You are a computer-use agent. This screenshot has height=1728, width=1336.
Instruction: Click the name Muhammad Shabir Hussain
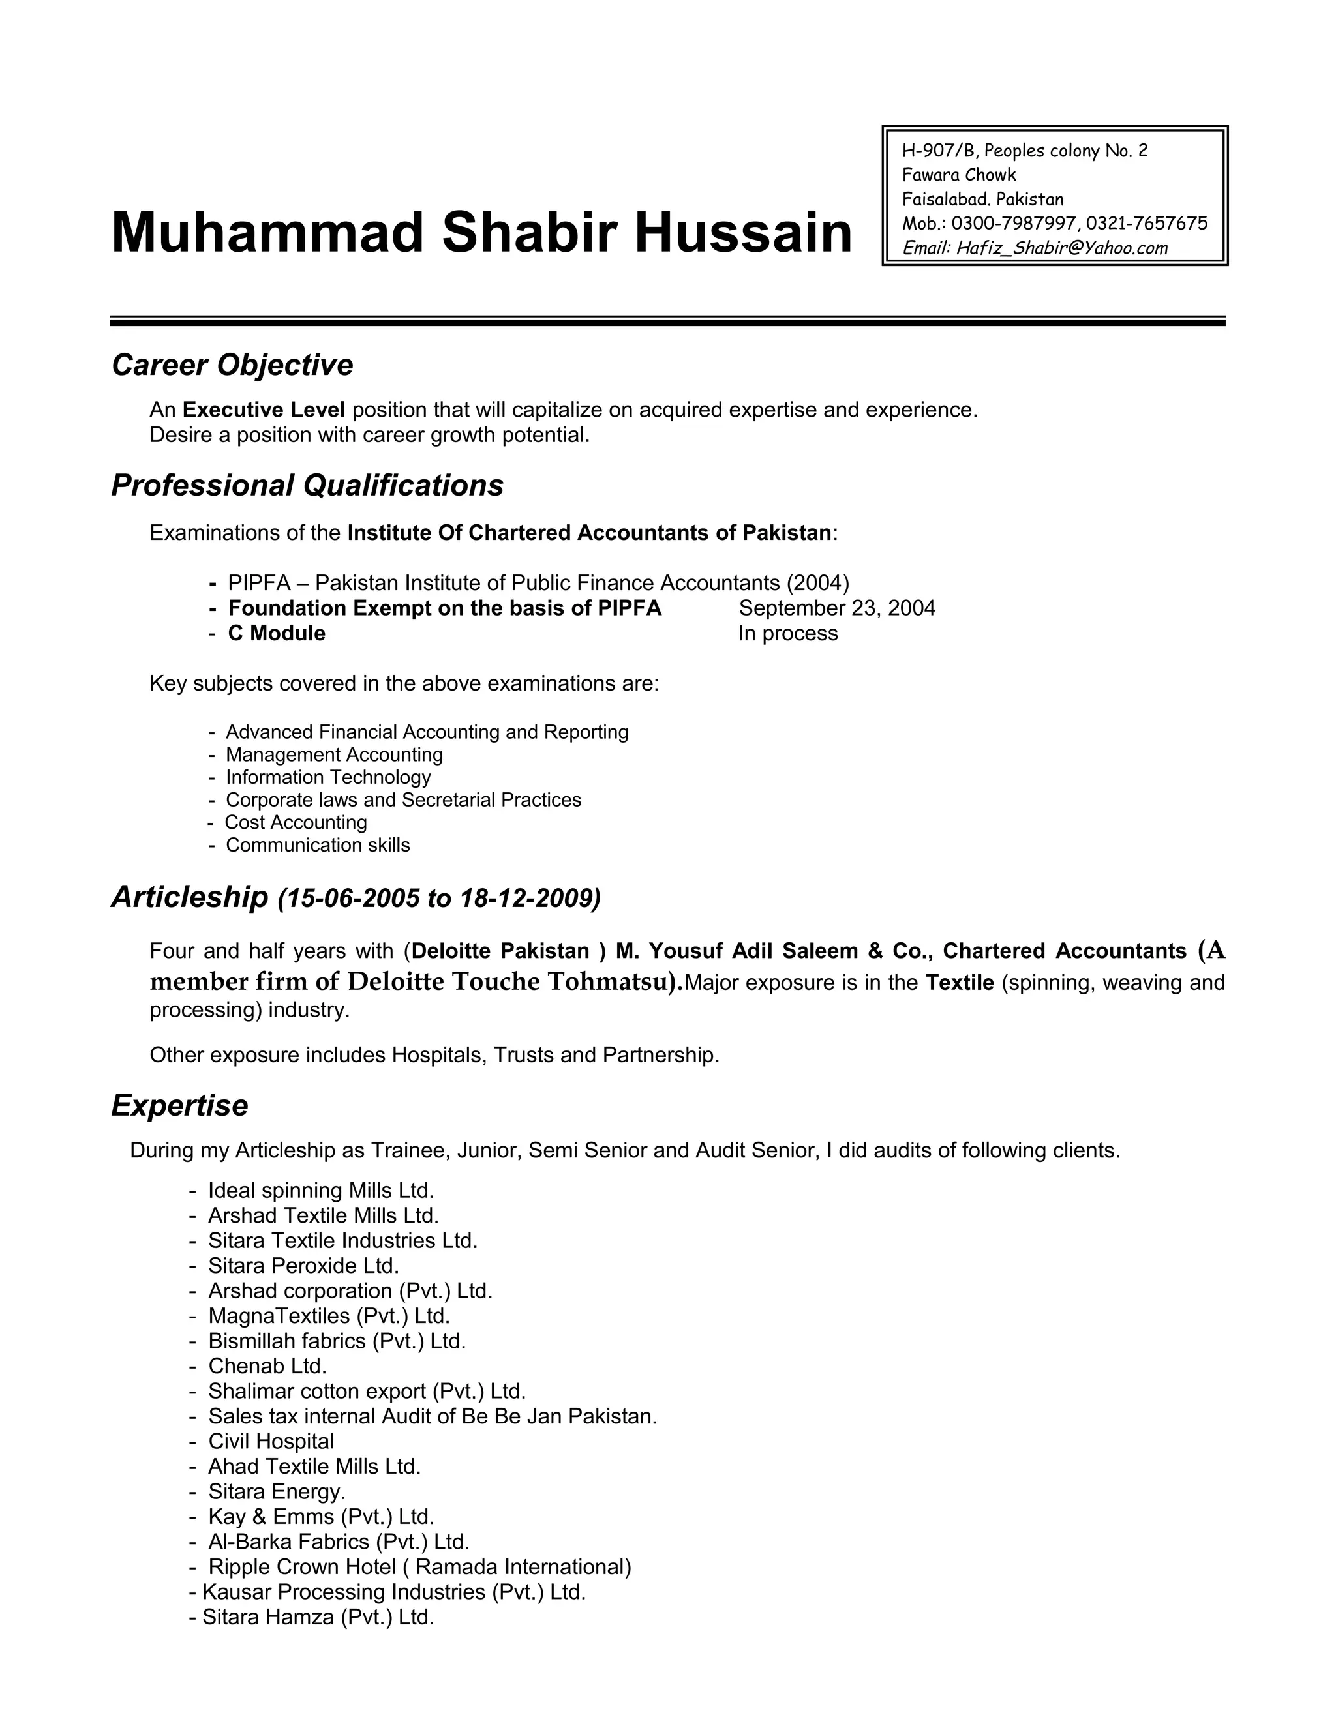pos(481,233)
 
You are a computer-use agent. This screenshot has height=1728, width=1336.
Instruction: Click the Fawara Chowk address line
pos(958,175)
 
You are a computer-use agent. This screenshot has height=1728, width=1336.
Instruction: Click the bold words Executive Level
pos(264,410)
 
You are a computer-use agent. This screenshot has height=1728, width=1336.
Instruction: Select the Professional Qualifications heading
pos(307,485)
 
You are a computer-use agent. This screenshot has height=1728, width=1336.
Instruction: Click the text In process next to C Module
pos(787,633)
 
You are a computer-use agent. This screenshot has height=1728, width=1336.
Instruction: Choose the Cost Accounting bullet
pos(296,822)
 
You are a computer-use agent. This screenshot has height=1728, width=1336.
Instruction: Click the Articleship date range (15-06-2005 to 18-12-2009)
pos(439,898)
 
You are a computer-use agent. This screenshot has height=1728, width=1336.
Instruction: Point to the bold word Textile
pos(959,983)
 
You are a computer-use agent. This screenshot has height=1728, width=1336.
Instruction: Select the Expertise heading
pos(179,1105)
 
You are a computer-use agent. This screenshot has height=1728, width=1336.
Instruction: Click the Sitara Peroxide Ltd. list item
pos(303,1266)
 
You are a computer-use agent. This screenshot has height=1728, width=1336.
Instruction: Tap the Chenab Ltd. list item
pos(267,1365)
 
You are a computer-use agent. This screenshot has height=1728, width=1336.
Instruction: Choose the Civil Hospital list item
pos(271,1441)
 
